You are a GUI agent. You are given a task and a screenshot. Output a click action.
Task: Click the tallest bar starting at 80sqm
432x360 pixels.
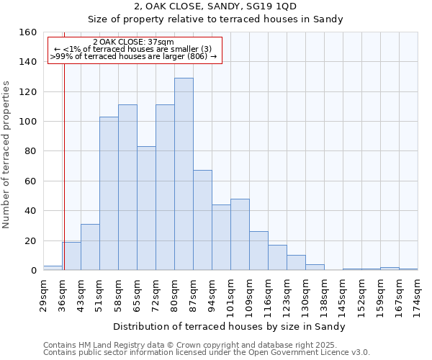[184, 174]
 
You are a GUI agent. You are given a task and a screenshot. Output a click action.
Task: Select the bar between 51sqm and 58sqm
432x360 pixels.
[109, 194]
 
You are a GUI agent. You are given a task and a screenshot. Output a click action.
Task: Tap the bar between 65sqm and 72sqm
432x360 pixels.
[146, 208]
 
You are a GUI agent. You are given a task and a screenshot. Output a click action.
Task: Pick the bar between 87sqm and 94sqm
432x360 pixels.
[202, 220]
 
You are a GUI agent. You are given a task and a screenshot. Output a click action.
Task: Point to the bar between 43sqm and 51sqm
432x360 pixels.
[90, 247]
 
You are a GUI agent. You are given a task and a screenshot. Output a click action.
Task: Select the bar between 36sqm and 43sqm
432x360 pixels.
[71, 256]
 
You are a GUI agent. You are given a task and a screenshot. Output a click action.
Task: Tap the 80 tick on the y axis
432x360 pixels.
[31, 151]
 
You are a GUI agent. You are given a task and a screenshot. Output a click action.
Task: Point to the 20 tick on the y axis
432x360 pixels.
[31, 240]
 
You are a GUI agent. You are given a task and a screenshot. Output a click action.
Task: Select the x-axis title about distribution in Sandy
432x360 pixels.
[230, 326]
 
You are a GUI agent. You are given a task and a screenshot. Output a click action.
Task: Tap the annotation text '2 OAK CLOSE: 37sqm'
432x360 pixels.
[133, 42]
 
